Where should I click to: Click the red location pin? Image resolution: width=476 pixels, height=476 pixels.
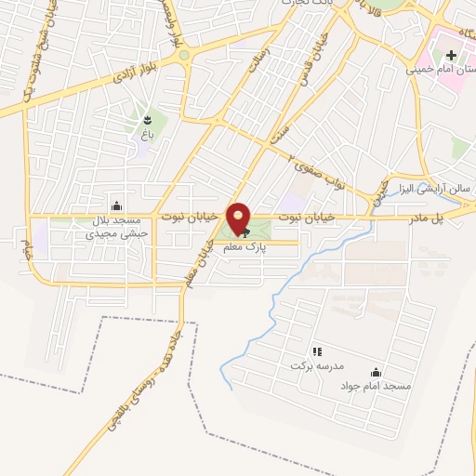[x=239, y=218]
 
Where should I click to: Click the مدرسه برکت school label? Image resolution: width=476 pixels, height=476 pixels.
[x=310, y=365]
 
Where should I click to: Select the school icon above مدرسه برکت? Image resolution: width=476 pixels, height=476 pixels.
[x=316, y=351]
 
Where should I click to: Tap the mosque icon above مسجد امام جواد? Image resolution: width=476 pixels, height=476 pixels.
[x=376, y=371]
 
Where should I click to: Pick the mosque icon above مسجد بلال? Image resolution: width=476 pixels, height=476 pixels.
[x=116, y=206]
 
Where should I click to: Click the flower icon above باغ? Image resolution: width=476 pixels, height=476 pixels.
[x=146, y=121]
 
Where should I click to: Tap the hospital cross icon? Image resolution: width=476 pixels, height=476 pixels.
[x=451, y=56]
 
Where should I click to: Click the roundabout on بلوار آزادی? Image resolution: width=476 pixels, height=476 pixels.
[x=184, y=56]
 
